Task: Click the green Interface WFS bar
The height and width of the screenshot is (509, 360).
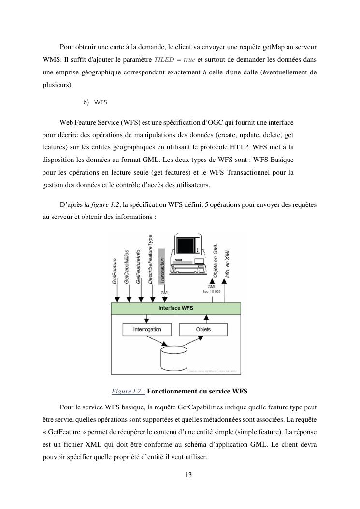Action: (x=176, y=308)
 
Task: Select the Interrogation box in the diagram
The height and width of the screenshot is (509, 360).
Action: (x=147, y=330)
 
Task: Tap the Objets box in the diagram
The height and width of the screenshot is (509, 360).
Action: (x=203, y=330)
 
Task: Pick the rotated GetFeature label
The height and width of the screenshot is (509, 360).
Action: (x=116, y=272)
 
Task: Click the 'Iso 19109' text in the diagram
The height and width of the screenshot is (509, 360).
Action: (x=212, y=291)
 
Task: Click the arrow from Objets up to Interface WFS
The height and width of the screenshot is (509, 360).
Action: (x=206, y=319)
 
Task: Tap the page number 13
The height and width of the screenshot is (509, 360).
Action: (x=188, y=475)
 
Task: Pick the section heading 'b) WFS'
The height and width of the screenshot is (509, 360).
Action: (x=95, y=102)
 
